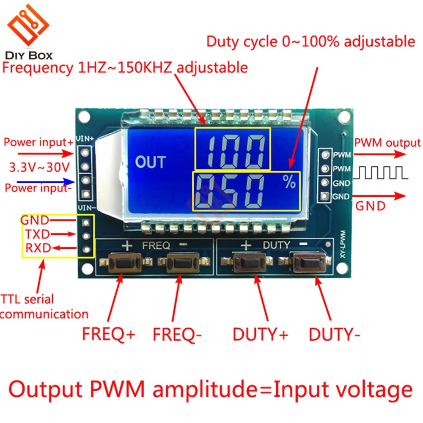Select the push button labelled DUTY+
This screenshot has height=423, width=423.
tap(255, 263)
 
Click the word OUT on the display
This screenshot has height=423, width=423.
tap(150, 162)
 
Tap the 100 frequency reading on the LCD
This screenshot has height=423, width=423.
tap(232, 149)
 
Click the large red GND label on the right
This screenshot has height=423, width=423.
tap(370, 206)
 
